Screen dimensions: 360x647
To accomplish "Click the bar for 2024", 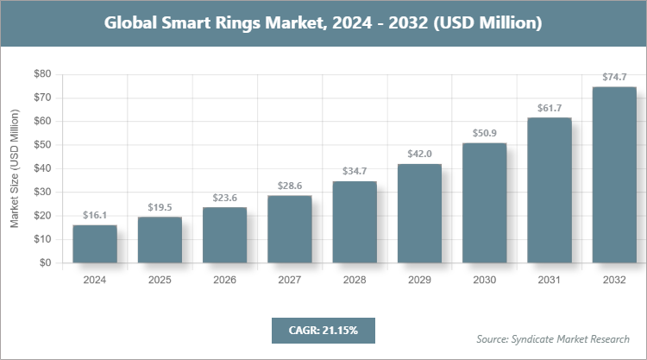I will (95, 243).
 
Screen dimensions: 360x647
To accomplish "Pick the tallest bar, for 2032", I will (614, 174).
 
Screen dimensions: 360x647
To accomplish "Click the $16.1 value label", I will (95, 214).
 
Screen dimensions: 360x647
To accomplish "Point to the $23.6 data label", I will (224, 197).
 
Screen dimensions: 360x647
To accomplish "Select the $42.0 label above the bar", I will (419, 154).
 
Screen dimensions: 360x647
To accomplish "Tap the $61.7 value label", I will (550, 107).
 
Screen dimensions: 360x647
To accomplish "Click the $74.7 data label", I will (614, 77).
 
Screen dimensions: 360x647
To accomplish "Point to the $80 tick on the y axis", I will (41, 74).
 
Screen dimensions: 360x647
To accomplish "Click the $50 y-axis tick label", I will (41, 145).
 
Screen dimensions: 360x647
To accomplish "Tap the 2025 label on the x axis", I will (160, 280).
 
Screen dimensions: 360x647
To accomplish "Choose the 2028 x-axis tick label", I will (355, 280).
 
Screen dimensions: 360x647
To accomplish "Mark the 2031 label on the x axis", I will (550, 280).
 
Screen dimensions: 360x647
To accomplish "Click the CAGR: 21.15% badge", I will (323, 330).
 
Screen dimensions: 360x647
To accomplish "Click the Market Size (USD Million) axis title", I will (15, 168).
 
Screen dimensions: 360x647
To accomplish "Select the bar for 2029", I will (419, 213).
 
